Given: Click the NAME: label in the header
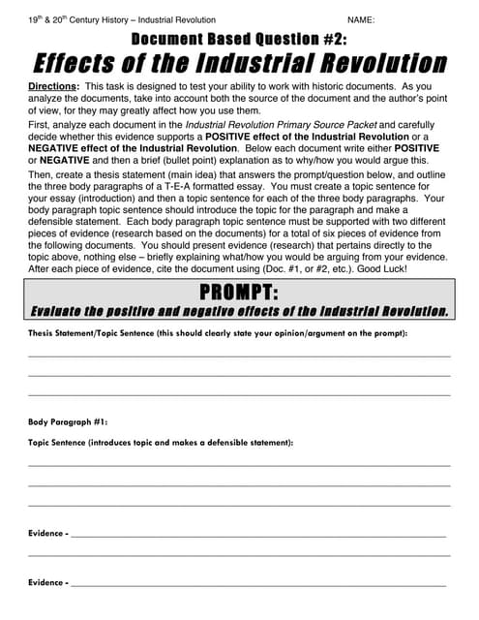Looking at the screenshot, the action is coord(361,19).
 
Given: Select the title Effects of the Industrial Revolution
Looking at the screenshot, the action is coord(239,64).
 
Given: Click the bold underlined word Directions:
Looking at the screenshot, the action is coord(55,86).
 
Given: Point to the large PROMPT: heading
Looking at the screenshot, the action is coord(238,294).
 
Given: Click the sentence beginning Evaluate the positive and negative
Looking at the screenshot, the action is coord(239,312).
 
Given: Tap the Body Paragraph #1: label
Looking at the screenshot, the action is coord(68,422).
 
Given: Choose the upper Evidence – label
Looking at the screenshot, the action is coord(47,534).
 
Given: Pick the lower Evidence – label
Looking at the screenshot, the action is coord(47,583).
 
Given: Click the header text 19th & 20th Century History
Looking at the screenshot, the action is coord(79,19).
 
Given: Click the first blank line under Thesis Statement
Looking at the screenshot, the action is coord(239,356).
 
